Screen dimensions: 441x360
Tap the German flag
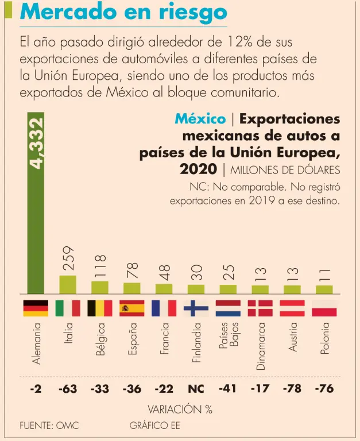(x=36, y=308)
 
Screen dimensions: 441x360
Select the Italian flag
(x=68, y=308)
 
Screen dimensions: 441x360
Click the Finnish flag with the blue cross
(x=196, y=308)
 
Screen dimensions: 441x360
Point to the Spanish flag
(x=132, y=308)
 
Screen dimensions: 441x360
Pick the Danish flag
(x=261, y=308)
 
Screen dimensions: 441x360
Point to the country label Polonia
(x=325, y=338)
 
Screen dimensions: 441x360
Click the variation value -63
(x=68, y=389)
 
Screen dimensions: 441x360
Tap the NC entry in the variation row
(x=196, y=389)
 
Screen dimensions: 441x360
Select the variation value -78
(x=293, y=389)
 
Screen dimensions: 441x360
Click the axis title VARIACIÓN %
(x=180, y=409)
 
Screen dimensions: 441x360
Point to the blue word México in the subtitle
(x=200, y=119)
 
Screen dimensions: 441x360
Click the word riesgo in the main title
(x=188, y=13)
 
